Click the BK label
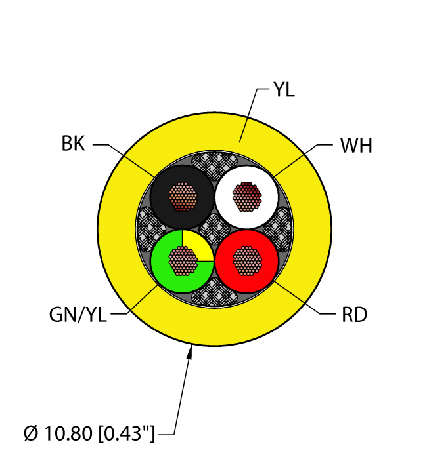click(x=73, y=144)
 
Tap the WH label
click(x=356, y=145)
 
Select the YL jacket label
click(x=284, y=89)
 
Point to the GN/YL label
click(x=78, y=315)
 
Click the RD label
click(x=355, y=315)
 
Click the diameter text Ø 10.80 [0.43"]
click(x=89, y=433)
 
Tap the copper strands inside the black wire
click(x=183, y=197)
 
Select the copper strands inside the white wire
click(x=247, y=197)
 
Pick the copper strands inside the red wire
click(x=247, y=261)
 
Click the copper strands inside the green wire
click(x=183, y=261)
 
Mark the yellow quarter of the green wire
click(x=197, y=245)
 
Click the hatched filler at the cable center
click(x=215, y=229)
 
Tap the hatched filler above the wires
click(x=214, y=166)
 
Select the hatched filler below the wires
click(x=214, y=292)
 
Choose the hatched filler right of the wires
click(x=279, y=229)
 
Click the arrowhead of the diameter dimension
click(x=191, y=352)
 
